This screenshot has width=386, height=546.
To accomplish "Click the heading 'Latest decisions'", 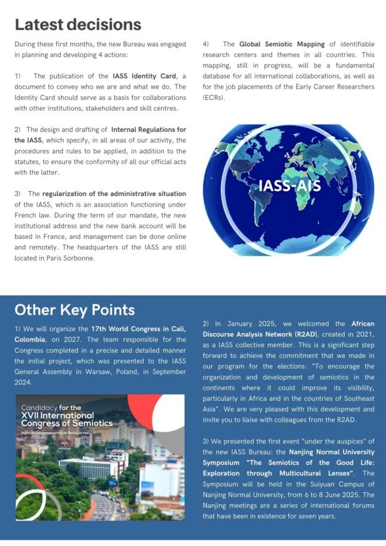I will (78, 24).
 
